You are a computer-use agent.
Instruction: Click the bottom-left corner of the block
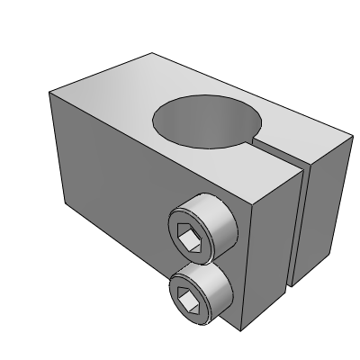tap(63, 204)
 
